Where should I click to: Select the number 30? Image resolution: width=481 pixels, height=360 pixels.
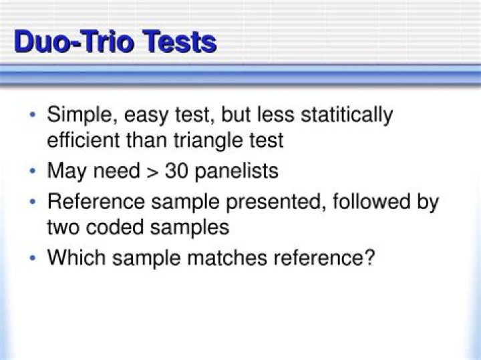coord(177,171)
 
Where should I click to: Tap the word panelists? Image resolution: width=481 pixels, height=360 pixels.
coord(238,171)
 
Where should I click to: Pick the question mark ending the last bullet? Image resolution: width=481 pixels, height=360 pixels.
coord(368,257)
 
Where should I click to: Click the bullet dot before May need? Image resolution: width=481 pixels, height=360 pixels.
coord(33,172)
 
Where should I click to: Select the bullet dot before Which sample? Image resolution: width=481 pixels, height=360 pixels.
coord(33,258)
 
